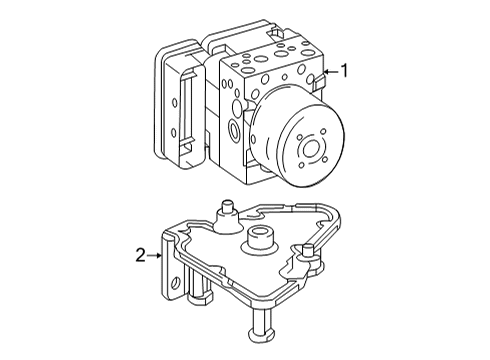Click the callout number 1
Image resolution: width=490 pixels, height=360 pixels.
pyautogui.click(x=344, y=71)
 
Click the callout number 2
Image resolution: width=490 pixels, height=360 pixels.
pyautogui.click(x=141, y=255)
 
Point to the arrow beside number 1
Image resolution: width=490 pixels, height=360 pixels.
pyautogui.click(x=331, y=71)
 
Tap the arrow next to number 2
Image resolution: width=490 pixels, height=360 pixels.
pyautogui.click(x=154, y=255)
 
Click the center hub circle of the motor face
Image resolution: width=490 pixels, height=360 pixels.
pyautogui.click(x=312, y=148)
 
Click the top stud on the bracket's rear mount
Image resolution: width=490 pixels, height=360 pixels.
pyautogui.click(x=227, y=209)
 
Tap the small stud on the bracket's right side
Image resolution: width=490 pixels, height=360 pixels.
pyautogui.click(x=307, y=251)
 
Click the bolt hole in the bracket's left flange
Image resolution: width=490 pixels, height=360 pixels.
pyautogui.click(x=174, y=284)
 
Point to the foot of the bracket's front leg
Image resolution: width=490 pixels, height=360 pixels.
pyautogui.click(x=262, y=333)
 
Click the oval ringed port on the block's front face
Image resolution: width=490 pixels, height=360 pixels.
pyautogui.click(x=234, y=130)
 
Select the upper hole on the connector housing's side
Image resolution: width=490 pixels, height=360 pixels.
pyautogui.click(x=174, y=103)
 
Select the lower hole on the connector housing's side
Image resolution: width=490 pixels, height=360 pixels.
pyautogui.click(x=174, y=133)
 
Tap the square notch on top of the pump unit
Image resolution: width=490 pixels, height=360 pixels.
pyautogui.click(x=276, y=33)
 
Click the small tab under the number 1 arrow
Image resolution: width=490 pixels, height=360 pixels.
pyautogui.click(x=319, y=82)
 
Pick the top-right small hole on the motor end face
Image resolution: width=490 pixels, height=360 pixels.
pyautogui.click(x=322, y=131)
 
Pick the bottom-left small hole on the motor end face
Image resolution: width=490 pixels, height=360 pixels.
pyautogui.click(x=302, y=165)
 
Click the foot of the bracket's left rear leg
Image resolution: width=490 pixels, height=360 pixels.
pyautogui.click(x=200, y=298)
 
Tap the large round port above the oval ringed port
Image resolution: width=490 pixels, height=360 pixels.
pyautogui.click(x=237, y=107)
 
